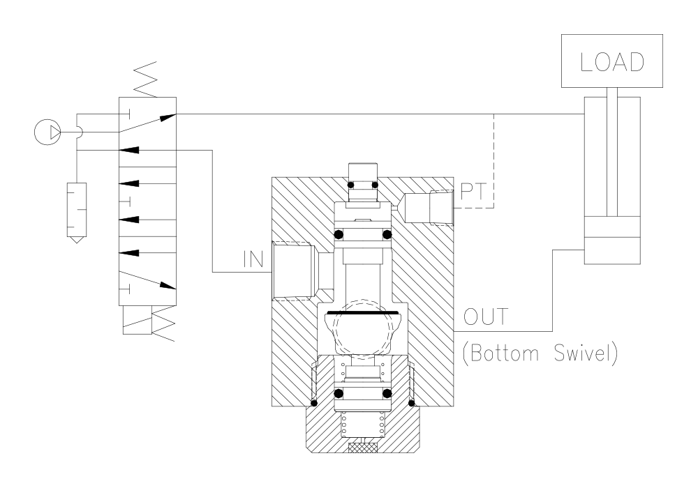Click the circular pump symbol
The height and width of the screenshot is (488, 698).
[x=47, y=130]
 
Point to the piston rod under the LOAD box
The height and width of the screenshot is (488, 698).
[x=611, y=153]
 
